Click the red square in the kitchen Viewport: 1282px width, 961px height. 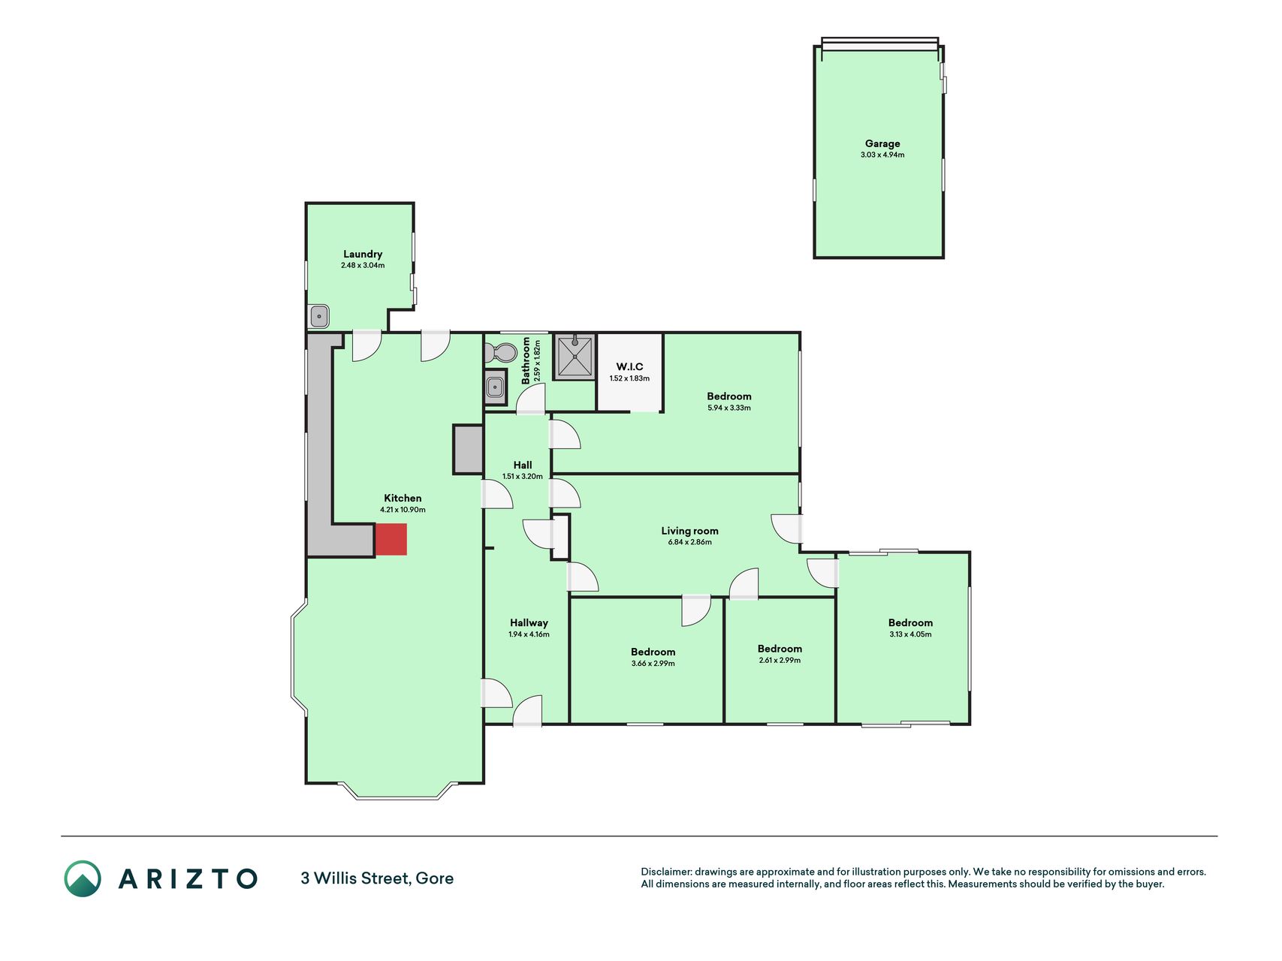point(391,539)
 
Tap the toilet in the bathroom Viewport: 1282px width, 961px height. point(500,352)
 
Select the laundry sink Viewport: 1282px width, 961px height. point(318,316)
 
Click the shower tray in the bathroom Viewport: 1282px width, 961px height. point(575,357)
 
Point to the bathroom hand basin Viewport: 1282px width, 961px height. point(495,387)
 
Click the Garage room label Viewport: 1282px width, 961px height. point(882,143)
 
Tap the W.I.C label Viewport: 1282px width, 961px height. point(629,366)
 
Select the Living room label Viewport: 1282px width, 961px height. point(689,531)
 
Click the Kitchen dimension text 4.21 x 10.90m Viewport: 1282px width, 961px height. point(403,510)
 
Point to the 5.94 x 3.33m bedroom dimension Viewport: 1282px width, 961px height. point(728,408)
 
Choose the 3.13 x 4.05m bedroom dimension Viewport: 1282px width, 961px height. point(910,634)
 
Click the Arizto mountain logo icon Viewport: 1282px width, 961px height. point(82,878)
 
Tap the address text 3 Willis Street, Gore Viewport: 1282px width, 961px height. point(377,878)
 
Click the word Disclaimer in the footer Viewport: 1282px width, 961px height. point(665,872)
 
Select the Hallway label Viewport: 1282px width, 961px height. point(529,622)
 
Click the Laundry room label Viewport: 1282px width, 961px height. point(363,254)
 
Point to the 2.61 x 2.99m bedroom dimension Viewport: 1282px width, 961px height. point(780,661)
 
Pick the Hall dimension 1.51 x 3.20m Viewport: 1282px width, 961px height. point(523,477)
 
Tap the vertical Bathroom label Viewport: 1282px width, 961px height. point(526,360)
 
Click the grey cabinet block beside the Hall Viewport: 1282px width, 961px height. point(468,449)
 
